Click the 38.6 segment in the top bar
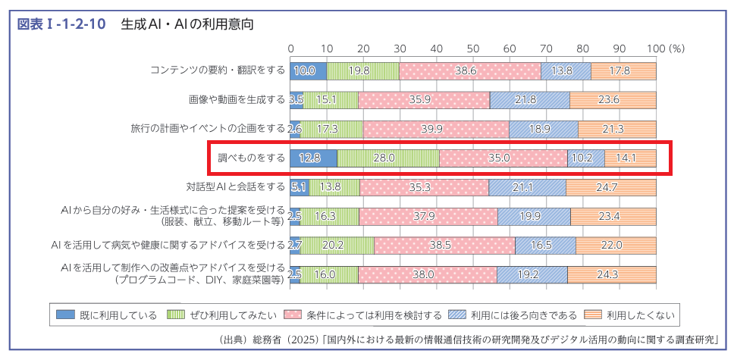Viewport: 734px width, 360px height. [470, 70]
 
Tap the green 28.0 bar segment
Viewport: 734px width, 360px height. [387, 158]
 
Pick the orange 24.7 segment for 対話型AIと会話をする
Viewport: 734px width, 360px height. [610, 186]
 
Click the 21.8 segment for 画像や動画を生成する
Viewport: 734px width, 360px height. [529, 99]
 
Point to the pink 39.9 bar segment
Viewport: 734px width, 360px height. [436, 129]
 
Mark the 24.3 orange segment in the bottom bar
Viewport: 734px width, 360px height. [611, 274]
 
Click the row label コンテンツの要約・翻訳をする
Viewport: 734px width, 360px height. [217, 70]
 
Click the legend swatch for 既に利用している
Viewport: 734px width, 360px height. [66, 315]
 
